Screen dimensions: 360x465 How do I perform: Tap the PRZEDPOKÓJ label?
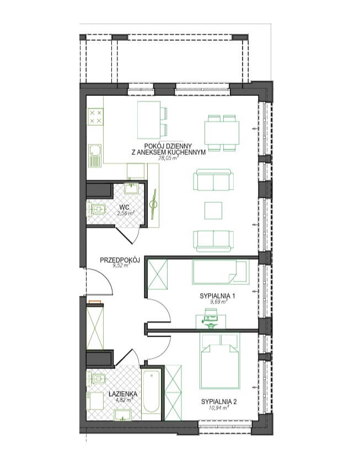pyautogui.click(x=120, y=261)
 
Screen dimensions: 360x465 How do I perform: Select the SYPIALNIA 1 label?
pyautogui.click(x=218, y=296)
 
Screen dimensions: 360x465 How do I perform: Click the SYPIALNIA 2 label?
pyautogui.click(x=219, y=402)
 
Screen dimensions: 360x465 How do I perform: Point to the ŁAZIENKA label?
pyautogui.click(x=123, y=394)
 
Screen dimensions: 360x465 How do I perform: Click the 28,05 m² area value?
pyautogui.click(x=168, y=158)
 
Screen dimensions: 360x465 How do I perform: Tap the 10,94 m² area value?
pyautogui.click(x=219, y=408)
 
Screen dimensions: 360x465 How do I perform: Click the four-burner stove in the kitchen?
pyautogui.click(x=95, y=117)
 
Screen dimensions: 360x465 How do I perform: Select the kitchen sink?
pyautogui.click(x=95, y=155)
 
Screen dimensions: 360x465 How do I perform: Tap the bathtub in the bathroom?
pyautogui.click(x=151, y=392)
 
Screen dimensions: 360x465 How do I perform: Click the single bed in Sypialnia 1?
pyautogui.click(x=221, y=272)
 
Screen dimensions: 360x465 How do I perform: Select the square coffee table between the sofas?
pyautogui.click(x=213, y=210)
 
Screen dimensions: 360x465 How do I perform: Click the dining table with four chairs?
pyautogui.click(x=222, y=133)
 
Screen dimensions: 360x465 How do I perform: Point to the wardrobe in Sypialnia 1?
pyautogui.click(x=157, y=274)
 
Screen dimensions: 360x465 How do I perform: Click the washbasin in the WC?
pyautogui.click(x=131, y=188)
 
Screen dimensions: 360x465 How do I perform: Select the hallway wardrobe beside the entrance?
pyautogui.click(x=95, y=327)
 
